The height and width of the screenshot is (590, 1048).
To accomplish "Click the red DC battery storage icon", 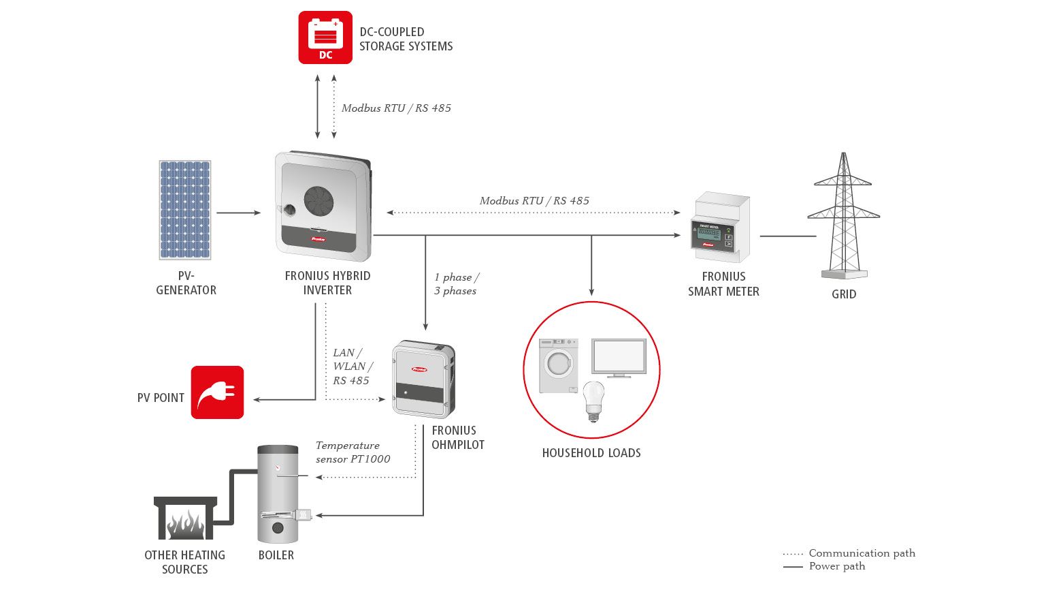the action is [325, 37].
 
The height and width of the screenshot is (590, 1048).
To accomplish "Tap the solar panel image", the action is [185, 210].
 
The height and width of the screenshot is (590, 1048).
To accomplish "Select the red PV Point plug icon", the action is [217, 392].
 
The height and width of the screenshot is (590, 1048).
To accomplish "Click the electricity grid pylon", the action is [844, 215].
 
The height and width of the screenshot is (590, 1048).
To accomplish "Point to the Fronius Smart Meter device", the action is [721, 227].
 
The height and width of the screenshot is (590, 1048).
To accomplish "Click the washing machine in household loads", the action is [559, 366].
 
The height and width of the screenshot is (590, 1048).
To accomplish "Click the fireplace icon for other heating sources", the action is [186, 518].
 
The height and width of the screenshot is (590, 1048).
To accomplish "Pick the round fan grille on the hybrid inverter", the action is [318, 201].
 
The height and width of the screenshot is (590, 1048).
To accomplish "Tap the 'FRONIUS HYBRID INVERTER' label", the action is [327, 283].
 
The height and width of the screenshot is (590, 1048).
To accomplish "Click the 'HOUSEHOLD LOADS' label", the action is [591, 453].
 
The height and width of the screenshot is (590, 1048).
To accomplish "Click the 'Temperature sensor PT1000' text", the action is [353, 452].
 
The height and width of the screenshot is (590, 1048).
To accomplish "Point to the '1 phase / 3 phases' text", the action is [456, 284].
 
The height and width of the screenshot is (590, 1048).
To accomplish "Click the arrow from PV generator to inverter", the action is [239, 213].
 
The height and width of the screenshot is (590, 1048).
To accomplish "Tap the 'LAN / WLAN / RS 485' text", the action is [353, 366].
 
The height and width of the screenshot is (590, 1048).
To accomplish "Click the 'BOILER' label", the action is [276, 555].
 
